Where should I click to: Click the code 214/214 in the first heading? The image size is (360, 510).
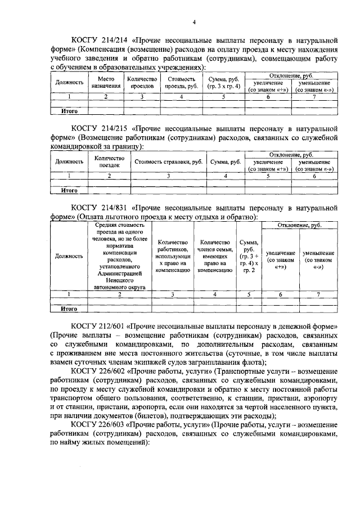coord(115,41)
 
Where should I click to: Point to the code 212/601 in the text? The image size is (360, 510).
coord(115,326)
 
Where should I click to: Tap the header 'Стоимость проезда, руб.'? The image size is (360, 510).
coord(181,83)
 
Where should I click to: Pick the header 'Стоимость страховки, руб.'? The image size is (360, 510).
coord(168,162)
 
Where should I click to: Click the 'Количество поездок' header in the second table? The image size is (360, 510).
coord(109,162)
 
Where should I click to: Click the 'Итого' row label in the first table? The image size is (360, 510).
coord(69,111)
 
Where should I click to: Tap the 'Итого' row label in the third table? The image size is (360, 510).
coord(69,308)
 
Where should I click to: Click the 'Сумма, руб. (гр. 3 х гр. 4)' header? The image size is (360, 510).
coord(223,83)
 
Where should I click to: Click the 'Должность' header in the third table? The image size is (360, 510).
coord(69,256)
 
